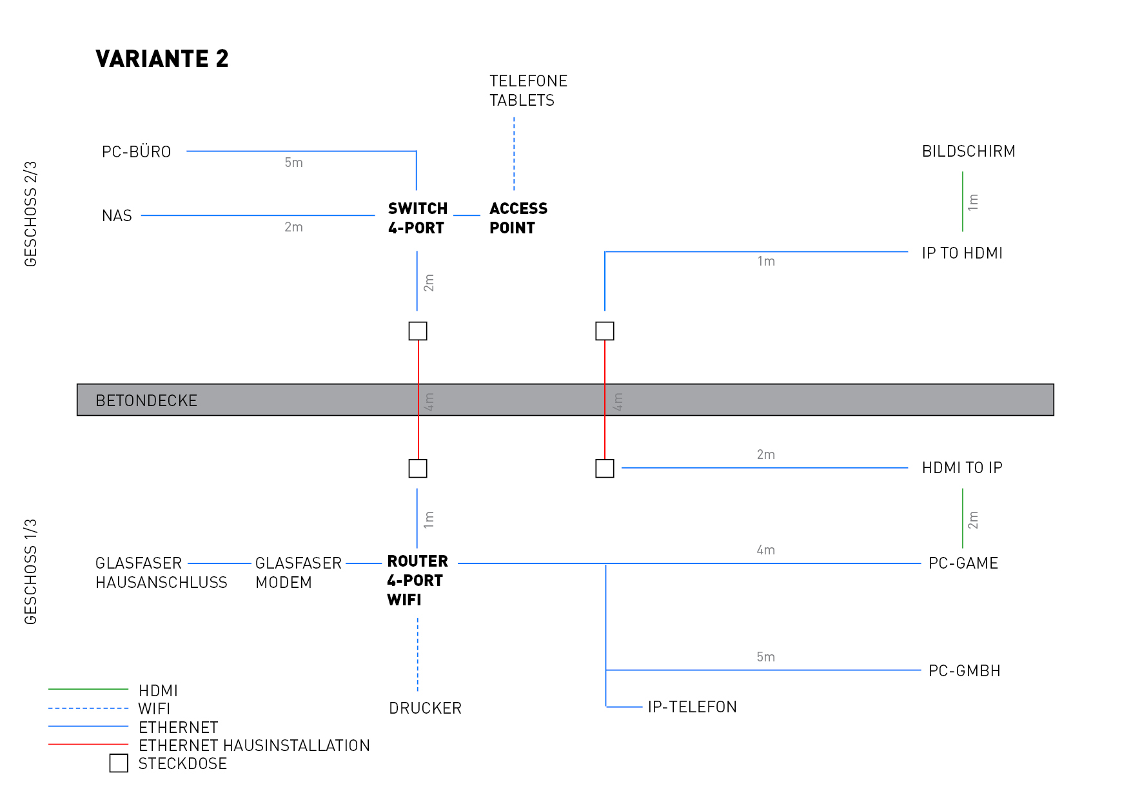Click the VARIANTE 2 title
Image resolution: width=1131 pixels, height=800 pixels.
(x=162, y=59)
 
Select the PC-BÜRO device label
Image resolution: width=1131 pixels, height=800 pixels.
(x=136, y=152)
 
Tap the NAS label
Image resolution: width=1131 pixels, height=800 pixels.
(x=117, y=216)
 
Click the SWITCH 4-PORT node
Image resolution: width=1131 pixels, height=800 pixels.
(x=417, y=218)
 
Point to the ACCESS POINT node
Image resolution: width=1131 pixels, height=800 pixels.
(x=518, y=218)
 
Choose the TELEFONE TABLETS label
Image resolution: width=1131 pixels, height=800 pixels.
(x=528, y=91)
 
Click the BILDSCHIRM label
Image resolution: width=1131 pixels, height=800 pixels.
(x=968, y=151)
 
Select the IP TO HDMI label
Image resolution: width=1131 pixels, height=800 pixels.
(x=961, y=253)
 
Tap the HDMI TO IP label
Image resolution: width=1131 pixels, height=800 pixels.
(x=961, y=468)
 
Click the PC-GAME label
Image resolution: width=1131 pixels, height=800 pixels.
(x=963, y=563)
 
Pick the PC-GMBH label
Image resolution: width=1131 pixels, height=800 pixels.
(x=964, y=671)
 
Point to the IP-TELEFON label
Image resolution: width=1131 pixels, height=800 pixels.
(x=692, y=707)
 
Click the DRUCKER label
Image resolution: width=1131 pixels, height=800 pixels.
(x=425, y=708)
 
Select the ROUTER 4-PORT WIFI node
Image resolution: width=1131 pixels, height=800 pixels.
(x=417, y=580)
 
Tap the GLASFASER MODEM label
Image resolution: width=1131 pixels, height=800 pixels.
(x=298, y=572)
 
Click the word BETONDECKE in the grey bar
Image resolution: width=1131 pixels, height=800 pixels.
(x=146, y=401)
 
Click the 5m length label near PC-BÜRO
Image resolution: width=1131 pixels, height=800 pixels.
(x=293, y=163)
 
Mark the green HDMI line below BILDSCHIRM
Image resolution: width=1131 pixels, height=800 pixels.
(x=962, y=201)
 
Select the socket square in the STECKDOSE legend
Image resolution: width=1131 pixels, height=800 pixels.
(x=119, y=763)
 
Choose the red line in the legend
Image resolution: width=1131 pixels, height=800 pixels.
(x=88, y=745)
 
